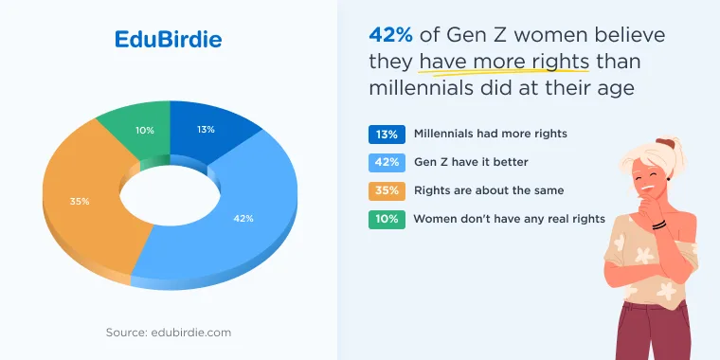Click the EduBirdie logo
168,39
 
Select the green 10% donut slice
137,130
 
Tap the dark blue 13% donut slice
207,130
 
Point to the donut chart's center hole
170,195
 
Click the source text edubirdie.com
169,333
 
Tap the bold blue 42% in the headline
390,35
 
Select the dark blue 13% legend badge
387,135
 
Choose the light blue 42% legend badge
387,163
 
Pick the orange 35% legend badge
387,191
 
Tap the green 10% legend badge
387,220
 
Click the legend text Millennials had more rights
491,134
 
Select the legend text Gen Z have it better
471,162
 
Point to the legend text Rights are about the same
489,190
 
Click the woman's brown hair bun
665,143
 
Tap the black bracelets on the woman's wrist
659,225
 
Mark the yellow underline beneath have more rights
504,72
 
